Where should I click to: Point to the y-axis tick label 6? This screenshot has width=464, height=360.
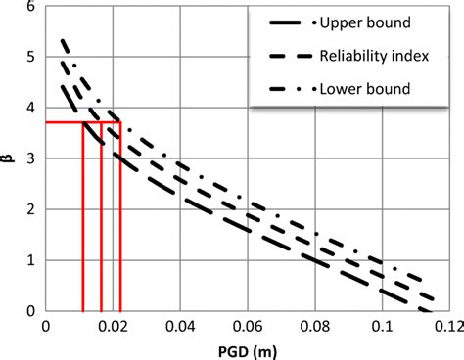tap(31, 7)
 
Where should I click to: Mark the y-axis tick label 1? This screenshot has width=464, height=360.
tap(31, 260)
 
